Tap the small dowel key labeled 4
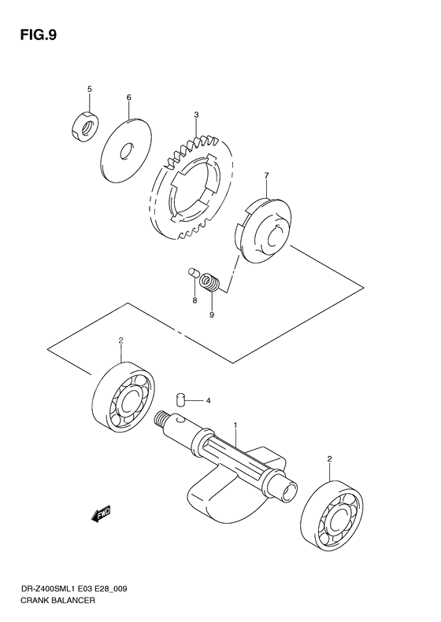click(x=180, y=399)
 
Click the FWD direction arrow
click(x=102, y=514)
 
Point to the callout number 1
click(x=235, y=425)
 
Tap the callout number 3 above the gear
click(x=195, y=116)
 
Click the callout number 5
click(x=89, y=90)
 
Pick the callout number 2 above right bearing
click(x=329, y=458)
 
